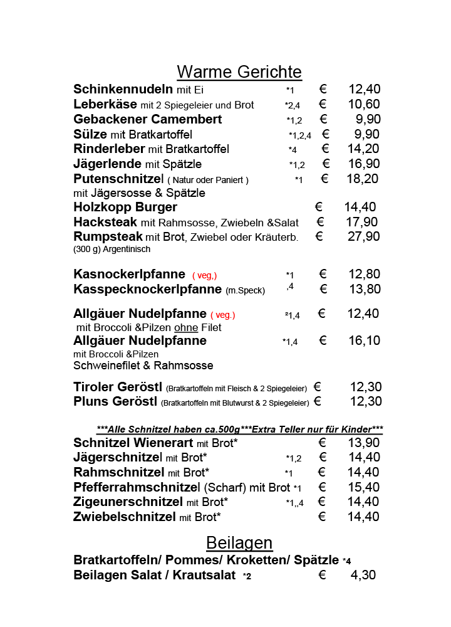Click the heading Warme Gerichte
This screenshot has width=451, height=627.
point(239,71)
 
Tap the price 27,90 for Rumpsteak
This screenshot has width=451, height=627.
point(363,236)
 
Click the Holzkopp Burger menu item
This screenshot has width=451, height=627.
point(125,207)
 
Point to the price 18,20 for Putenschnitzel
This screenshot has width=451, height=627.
point(363,179)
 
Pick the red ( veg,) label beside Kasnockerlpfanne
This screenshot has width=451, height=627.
point(204,275)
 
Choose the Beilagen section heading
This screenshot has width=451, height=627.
point(239,542)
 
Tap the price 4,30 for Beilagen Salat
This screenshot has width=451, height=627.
point(363,574)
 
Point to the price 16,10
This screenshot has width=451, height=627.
point(363,340)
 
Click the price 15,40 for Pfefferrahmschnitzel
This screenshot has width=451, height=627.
point(363,487)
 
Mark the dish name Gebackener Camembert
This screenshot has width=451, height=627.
point(148,119)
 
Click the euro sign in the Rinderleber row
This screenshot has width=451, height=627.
point(325,149)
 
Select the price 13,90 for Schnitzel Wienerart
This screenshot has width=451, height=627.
point(363,443)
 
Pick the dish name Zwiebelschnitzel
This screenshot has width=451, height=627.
point(125,517)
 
